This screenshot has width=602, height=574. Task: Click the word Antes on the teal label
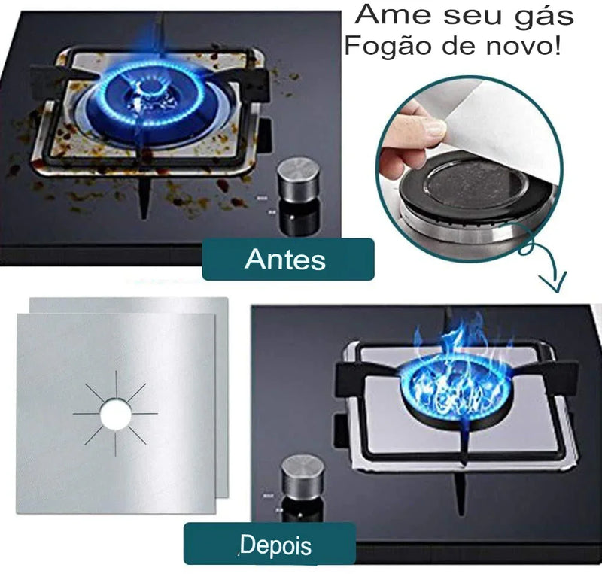[285, 260]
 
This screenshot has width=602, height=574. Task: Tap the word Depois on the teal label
[275, 544]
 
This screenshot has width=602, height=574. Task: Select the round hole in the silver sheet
[115, 412]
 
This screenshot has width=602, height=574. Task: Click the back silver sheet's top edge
[128, 299]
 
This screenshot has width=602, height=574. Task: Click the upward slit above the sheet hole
[115, 383]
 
